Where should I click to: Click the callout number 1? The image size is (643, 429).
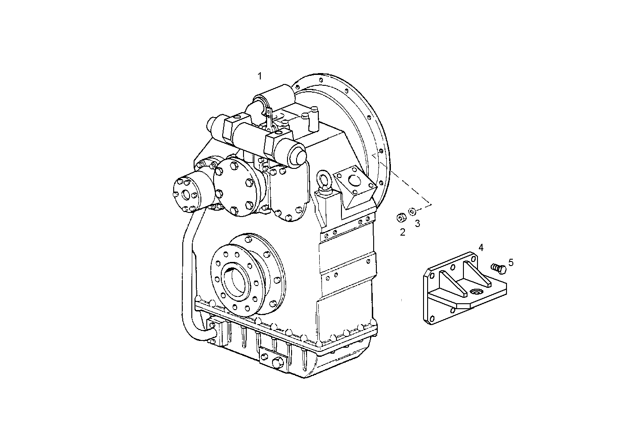point(260,76)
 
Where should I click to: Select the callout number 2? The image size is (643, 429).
point(402,232)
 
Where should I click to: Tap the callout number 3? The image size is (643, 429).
point(417,223)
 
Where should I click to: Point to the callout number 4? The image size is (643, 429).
point(481,247)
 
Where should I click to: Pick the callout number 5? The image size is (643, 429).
point(511,262)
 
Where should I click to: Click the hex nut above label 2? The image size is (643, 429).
point(401,218)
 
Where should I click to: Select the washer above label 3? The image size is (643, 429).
point(412,211)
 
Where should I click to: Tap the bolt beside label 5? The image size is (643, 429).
point(498,268)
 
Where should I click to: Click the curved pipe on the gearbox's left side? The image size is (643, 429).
point(188,272)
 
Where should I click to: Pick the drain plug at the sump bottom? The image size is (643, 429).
point(278,350)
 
